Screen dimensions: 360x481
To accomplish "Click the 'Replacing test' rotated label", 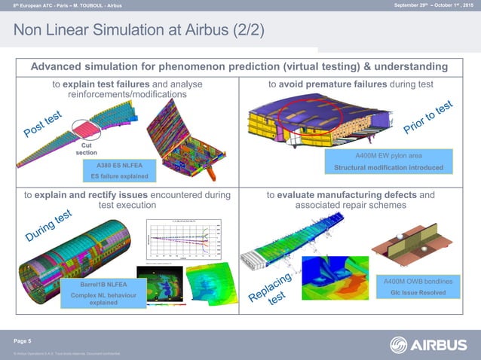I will coord(272,290).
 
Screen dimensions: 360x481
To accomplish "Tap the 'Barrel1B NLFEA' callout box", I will coord(97,285).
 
